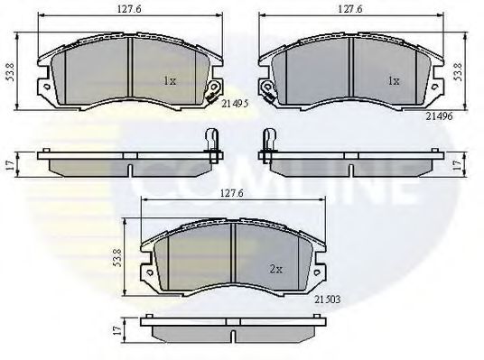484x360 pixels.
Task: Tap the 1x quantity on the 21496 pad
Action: click(393, 80)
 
